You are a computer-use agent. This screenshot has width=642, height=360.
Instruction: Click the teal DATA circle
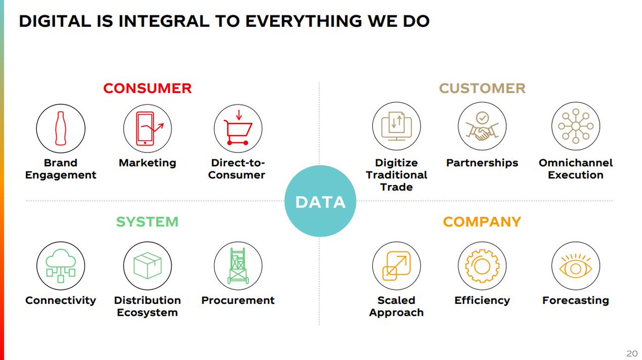[320, 201]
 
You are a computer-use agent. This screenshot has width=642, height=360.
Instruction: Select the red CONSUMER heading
[147, 88]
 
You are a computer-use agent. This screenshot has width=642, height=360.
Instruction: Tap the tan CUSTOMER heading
[482, 88]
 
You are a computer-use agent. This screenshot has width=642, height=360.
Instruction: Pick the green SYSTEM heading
[147, 221]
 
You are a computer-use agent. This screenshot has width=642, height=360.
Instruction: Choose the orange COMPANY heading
[481, 221]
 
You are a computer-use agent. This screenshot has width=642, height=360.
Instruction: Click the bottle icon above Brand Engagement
[60, 128]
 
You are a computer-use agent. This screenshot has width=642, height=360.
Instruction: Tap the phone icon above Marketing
[147, 128]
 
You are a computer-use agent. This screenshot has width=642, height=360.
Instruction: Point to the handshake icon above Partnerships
[481, 128]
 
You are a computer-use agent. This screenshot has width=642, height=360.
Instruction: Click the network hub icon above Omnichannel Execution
[575, 128]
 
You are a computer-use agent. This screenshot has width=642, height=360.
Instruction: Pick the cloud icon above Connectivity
[60, 265]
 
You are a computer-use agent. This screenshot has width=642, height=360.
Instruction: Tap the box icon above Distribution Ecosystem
[147, 265]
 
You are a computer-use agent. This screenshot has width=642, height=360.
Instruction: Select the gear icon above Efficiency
[481, 265]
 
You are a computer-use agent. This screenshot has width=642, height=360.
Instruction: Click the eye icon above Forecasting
[575, 265]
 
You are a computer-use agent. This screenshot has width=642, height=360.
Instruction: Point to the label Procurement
[238, 301]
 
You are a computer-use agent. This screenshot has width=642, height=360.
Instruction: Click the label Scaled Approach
[396, 307]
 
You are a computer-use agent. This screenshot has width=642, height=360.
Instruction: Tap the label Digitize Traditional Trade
[396, 175]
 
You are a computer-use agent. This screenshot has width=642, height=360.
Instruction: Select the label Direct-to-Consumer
[238, 169]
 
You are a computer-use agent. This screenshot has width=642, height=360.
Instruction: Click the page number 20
[631, 354]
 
